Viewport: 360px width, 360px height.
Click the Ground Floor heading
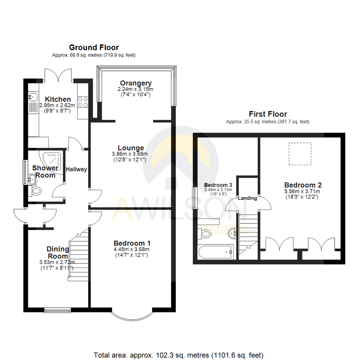point(94,47)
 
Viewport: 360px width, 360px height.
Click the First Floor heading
point(268,114)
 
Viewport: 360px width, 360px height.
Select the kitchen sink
point(33,97)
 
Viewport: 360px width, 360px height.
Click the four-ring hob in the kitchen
point(83,102)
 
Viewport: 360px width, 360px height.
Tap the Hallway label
point(76,169)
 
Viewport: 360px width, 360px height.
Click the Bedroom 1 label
point(131,243)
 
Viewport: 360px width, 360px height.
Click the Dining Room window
point(58,310)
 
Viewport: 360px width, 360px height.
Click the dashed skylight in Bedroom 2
point(300,154)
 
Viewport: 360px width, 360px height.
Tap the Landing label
point(247,198)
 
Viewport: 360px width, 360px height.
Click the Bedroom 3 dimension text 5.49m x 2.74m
point(218,190)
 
